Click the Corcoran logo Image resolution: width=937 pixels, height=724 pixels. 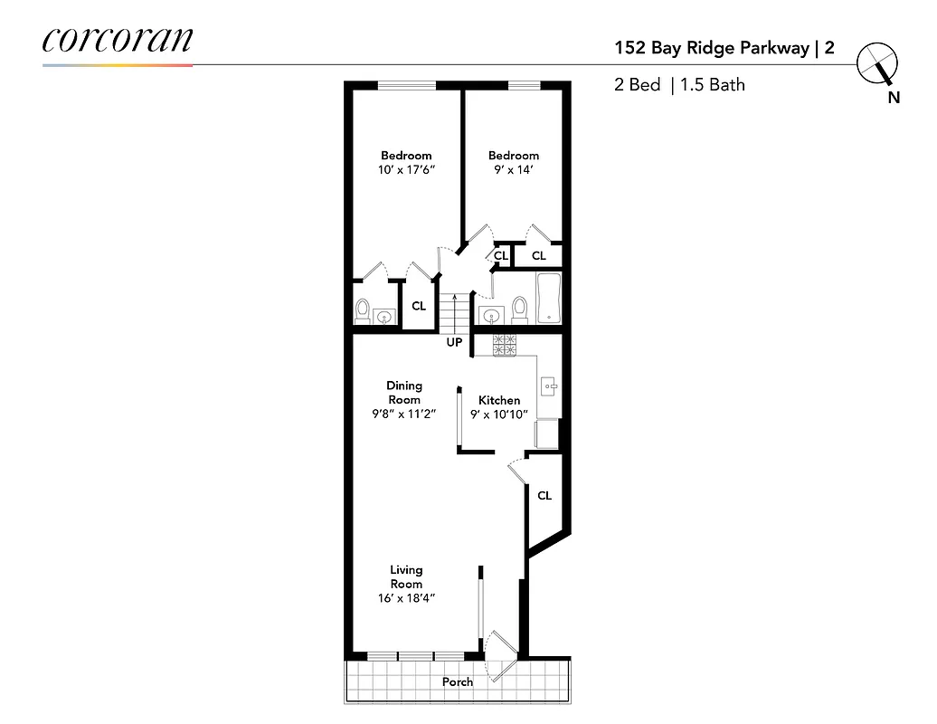point(117,41)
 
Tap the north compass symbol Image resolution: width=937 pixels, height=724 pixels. point(876,63)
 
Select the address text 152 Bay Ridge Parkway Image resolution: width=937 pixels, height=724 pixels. point(711,49)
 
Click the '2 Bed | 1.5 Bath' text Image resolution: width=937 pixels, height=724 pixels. point(678,85)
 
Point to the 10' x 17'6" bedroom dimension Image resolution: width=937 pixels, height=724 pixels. point(405,169)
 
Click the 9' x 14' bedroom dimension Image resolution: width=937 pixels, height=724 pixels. point(514,169)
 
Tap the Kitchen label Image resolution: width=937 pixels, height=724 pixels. point(499,400)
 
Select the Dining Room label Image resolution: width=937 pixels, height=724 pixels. point(404,393)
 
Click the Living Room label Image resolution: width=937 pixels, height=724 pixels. point(406,576)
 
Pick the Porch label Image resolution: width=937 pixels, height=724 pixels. point(458,681)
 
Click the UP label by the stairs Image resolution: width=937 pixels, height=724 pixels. point(454,343)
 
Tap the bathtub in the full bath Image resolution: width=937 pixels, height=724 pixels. point(550,299)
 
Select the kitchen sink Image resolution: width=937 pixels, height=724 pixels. point(549,387)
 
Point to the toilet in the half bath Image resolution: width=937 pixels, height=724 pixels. point(363,310)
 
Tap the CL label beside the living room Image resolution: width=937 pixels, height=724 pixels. point(544,496)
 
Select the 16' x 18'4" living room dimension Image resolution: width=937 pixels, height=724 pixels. point(406,598)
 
